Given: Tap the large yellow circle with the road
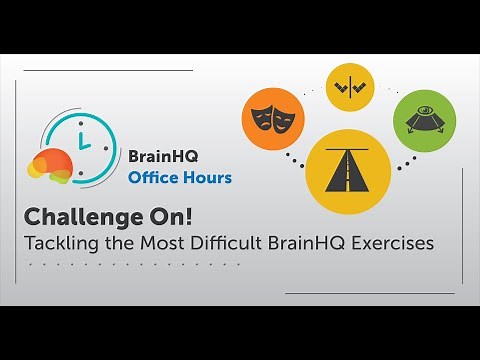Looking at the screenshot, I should (x=347, y=172).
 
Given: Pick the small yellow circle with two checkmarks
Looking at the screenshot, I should (x=351, y=88).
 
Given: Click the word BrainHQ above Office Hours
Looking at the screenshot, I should (x=166, y=156).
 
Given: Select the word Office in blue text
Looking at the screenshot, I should (x=153, y=178).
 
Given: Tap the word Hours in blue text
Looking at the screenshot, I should (x=207, y=178).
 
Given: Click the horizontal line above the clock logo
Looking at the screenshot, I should (x=107, y=70).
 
